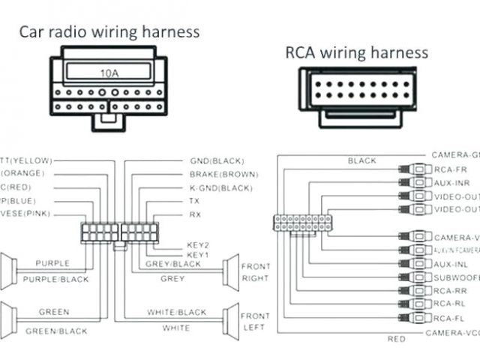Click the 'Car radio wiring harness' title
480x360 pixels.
click(x=109, y=31)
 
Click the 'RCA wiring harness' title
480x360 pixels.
click(x=356, y=52)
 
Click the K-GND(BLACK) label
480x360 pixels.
click(x=221, y=188)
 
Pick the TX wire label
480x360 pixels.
click(x=194, y=202)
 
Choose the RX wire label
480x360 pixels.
click(x=194, y=215)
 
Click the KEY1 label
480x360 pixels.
click(x=197, y=255)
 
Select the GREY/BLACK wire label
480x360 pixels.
click(x=172, y=264)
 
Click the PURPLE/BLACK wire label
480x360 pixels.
click(x=57, y=279)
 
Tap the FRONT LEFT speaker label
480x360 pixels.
click(x=255, y=322)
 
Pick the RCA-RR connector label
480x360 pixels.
click(x=450, y=290)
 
